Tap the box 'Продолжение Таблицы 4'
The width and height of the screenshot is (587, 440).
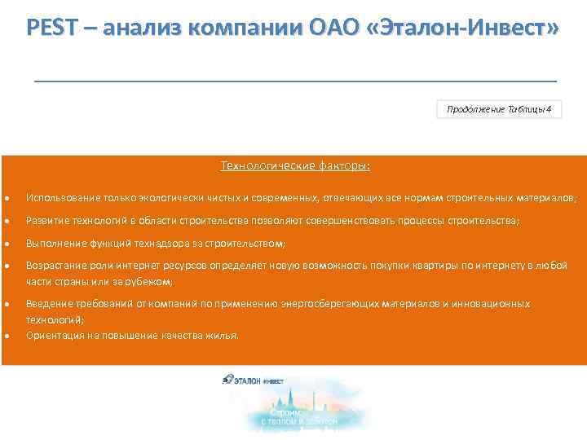click(x=499, y=110)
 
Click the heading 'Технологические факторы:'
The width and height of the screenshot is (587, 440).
click(x=294, y=166)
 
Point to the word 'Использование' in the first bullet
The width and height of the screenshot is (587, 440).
click(x=58, y=198)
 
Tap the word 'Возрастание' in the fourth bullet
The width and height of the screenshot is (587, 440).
click(x=54, y=266)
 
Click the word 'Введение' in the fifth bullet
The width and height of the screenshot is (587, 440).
click(x=47, y=304)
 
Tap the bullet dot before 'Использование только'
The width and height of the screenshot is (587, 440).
click(x=6, y=199)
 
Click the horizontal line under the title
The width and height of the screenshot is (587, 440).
click(x=295, y=81)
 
